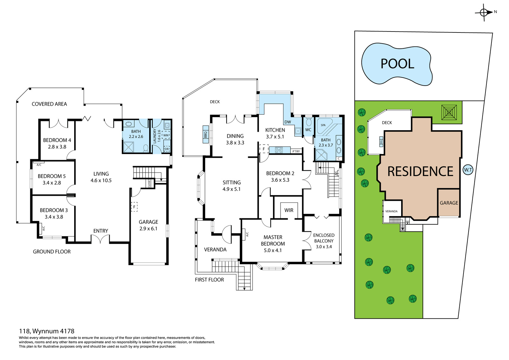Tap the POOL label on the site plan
click(397, 64)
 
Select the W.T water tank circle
click(468, 170)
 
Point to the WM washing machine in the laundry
click(166, 135)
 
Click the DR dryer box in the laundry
click(167, 149)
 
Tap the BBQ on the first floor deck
click(206, 134)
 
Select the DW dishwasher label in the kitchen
click(288, 122)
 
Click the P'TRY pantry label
click(296, 151)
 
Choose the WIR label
click(289, 210)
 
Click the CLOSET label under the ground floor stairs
click(149, 183)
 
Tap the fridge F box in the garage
click(134, 207)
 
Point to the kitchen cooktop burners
click(279, 150)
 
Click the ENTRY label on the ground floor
click(101, 231)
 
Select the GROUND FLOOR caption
click(52, 251)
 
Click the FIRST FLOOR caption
click(209, 280)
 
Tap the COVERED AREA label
click(49, 104)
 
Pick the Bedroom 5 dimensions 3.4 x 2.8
click(52, 183)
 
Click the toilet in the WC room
click(309, 122)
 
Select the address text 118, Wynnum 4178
click(47, 331)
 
